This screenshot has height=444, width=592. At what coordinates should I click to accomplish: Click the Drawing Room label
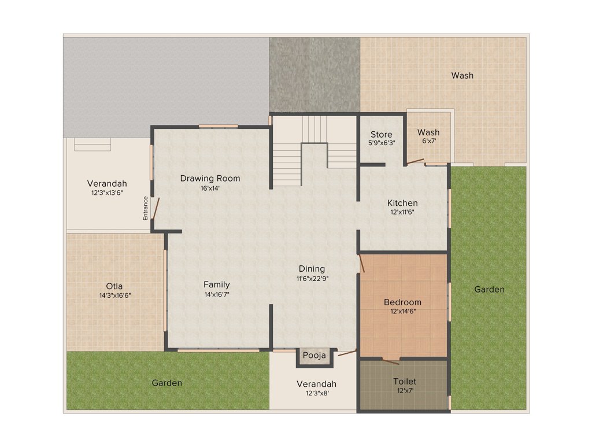[x=210, y=178]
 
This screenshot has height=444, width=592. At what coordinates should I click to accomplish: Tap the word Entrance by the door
[x=146, y=208]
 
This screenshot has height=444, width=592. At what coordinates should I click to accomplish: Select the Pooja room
[x=314, y=356]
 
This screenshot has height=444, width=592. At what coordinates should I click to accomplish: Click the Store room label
[x=382, y=135]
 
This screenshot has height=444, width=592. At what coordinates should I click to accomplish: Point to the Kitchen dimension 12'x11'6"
[x=402, y=212]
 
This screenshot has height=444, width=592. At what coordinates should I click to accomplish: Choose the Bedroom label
[x=402, y=302]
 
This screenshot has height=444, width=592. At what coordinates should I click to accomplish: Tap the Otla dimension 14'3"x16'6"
[x=114, y=295]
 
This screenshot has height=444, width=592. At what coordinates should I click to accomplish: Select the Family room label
[x=217, y=284]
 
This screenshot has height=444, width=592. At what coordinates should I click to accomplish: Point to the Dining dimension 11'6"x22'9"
[x=312, y=279]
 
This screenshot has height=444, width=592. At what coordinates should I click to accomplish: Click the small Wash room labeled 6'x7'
[x=428, y=136]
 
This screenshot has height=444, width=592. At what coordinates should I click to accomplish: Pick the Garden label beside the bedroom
[x=489, y=289]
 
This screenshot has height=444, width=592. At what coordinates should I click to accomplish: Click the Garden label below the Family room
[x=167, y=383]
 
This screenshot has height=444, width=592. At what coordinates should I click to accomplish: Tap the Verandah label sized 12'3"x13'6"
[x=107, y=184]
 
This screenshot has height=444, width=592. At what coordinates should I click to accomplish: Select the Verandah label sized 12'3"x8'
[x=316, y=384]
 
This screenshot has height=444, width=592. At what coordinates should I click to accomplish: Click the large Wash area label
[x=462, y=75]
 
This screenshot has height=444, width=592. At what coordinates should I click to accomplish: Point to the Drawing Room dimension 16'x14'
[x=210, y=188]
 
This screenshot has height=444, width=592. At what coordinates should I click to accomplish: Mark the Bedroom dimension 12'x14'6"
[x=402, y=312]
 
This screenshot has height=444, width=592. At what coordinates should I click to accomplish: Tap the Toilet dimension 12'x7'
[x=404, y=390]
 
